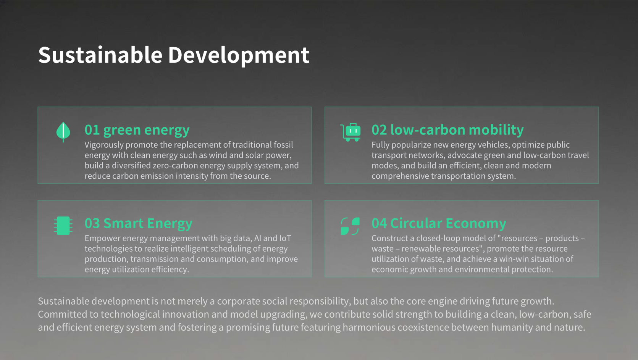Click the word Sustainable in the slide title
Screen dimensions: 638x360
(100, 55)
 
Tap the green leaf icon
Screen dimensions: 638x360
(63, 132)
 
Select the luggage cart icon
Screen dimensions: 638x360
(350, 132)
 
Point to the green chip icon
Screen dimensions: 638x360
(63, 226)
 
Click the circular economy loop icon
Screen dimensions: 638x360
(350, 226)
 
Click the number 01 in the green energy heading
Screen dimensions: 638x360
(92, 130)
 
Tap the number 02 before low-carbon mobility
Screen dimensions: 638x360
(379, 130)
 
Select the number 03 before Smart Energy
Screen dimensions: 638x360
(92, 223)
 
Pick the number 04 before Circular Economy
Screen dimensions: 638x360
(379, 223)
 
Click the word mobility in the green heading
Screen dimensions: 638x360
(496, 131)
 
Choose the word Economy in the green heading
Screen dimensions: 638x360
(476, 224)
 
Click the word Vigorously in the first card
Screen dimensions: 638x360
(104, 145)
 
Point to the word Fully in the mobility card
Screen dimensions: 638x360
(380, 145)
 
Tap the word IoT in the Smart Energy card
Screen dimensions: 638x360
(285, 238)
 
